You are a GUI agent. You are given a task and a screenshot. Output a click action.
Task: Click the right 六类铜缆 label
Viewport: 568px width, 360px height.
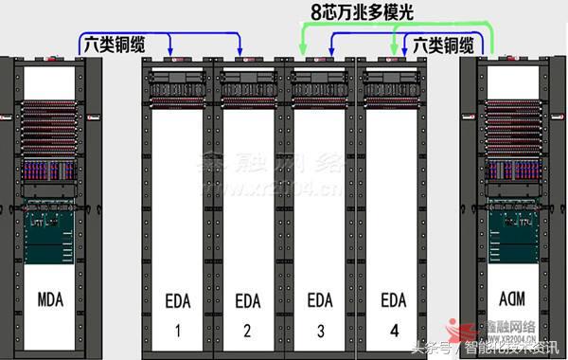click(441, 45)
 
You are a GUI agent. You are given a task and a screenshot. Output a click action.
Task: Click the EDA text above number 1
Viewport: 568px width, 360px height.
click(178, 300)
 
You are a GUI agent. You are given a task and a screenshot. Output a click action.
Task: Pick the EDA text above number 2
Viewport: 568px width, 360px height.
click(248, 300)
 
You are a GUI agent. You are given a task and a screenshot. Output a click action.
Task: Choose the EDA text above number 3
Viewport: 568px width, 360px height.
click(321, 300)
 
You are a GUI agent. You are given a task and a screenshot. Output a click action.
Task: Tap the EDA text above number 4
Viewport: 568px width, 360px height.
click(392, 300)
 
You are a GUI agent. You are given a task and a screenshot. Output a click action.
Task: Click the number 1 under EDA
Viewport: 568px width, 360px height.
click(177, 332)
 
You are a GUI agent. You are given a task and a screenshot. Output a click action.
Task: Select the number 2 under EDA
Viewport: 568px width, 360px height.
click(248, 332)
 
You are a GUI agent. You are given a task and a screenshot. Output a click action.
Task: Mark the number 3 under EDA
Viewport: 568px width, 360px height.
click(321, 332)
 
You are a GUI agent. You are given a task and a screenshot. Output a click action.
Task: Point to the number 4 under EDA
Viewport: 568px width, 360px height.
click(392, 331)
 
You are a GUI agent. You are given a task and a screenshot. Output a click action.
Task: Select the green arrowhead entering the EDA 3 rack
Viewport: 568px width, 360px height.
click(303, 51)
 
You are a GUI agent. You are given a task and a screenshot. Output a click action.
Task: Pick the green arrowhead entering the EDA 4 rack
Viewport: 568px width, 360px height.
click(395, 51)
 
